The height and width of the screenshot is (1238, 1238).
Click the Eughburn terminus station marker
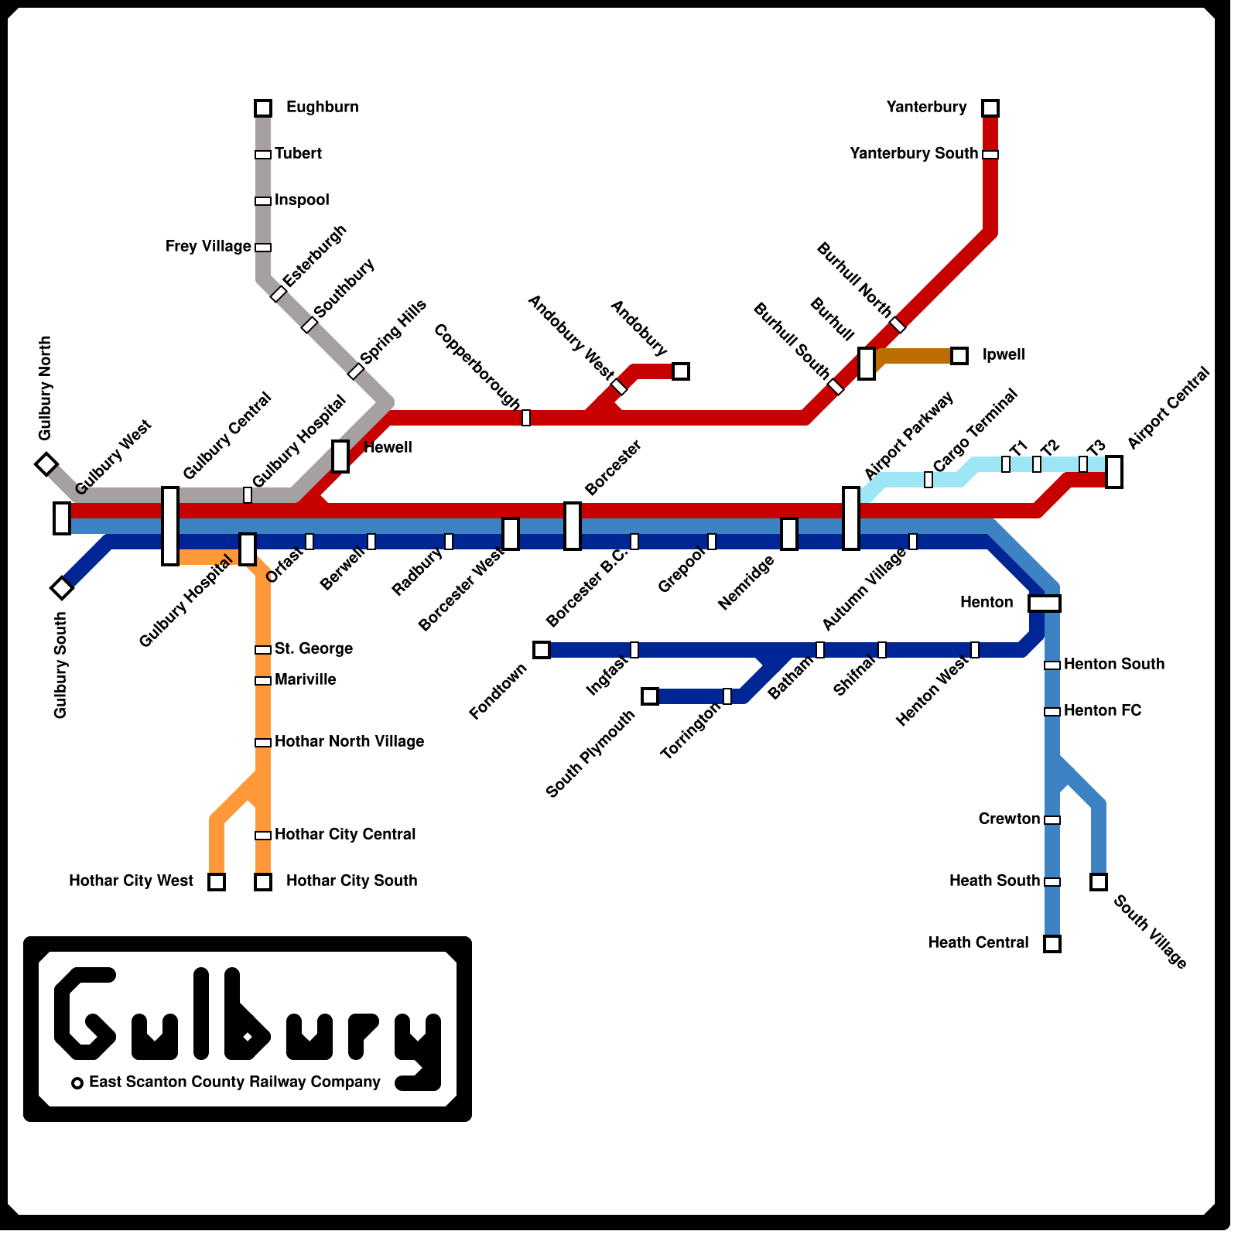click(263, 108)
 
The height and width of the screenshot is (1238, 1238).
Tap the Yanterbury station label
click(926, 108)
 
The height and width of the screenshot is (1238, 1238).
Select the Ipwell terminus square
click(959, 356)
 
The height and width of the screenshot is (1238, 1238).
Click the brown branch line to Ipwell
click(917, 356)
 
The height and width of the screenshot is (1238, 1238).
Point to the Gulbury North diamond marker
click(46, 464)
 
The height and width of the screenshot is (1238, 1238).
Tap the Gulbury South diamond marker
click(62, 588)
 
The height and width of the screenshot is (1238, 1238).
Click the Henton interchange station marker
click(1045, 604)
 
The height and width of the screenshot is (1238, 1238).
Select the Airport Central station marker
click(1114, 472)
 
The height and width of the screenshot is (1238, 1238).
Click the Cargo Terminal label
click(975, 431)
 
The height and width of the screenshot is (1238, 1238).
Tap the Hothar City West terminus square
click(217, 882)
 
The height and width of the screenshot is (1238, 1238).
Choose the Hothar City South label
click(351, 881)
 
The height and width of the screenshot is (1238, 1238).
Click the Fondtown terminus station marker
click(542, 650)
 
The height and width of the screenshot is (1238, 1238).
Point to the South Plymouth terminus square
click(650, 696)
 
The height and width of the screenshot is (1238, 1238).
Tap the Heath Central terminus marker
click(1052, 944)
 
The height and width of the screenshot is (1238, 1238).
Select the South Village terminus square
click(1099, 882)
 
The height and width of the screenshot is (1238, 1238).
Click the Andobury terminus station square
click(681, 371)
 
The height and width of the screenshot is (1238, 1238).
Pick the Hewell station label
click(388, 448)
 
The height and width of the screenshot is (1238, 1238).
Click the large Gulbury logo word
click(248, 1014)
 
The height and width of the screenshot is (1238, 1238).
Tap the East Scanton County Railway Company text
click(234, 1082)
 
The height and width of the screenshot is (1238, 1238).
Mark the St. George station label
click(313, 649)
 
